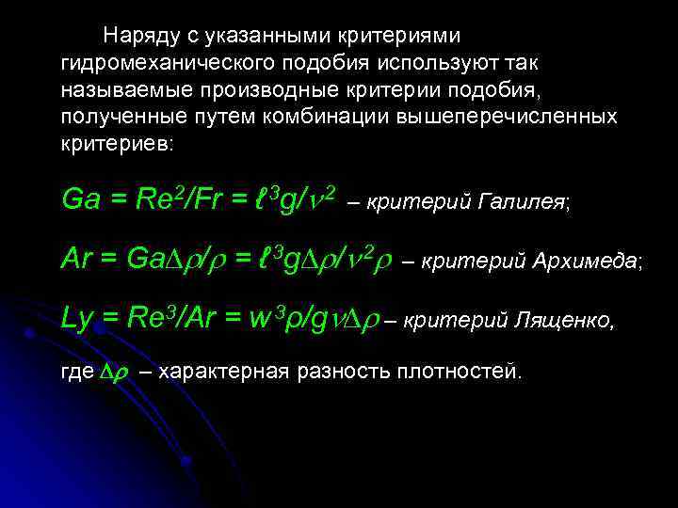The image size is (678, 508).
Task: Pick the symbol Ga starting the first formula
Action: click(x=79, y=198)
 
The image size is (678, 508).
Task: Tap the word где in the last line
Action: click(x=76, y=372)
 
